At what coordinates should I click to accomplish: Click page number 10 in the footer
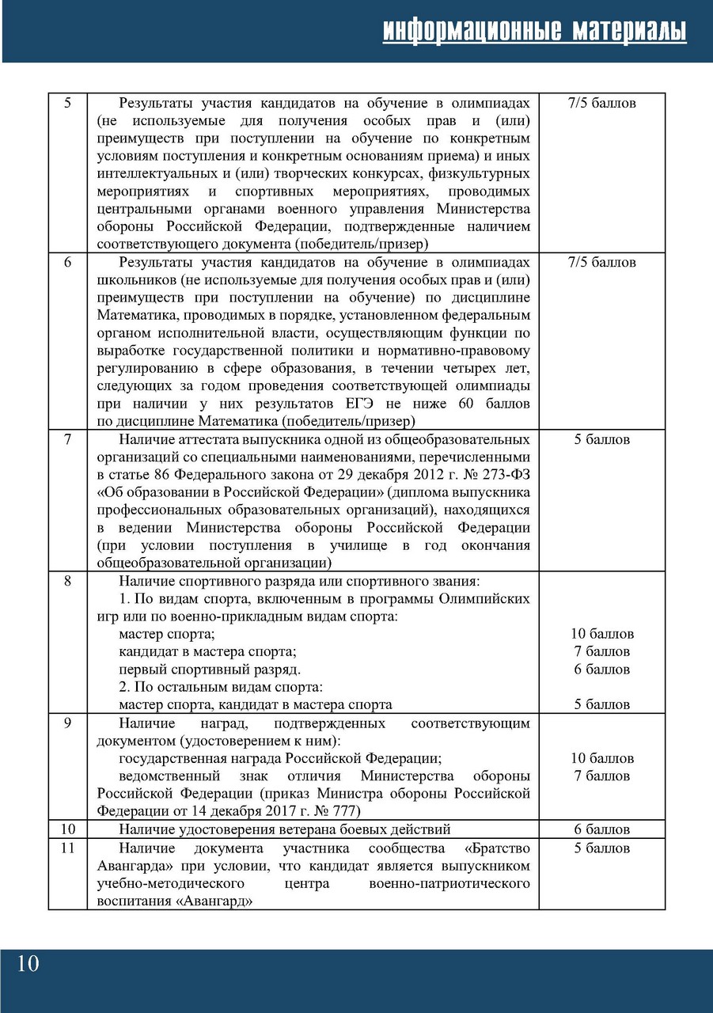[x=26, y=963]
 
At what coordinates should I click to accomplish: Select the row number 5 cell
[x=67, y=103]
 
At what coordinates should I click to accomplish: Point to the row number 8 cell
[x=67, y=581]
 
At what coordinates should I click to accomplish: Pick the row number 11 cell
[x=67, y=848]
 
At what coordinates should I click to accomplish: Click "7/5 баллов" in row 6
[x=601, y=262]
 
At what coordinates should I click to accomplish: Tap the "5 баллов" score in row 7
[x=601, y=439]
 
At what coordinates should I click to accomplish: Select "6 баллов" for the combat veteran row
[x=601, y=829]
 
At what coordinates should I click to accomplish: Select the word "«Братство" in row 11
[x=499, y=848]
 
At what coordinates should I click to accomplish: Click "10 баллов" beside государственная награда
[x=601, y=758]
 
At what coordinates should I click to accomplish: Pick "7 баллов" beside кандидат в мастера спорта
[x=601, y=651]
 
